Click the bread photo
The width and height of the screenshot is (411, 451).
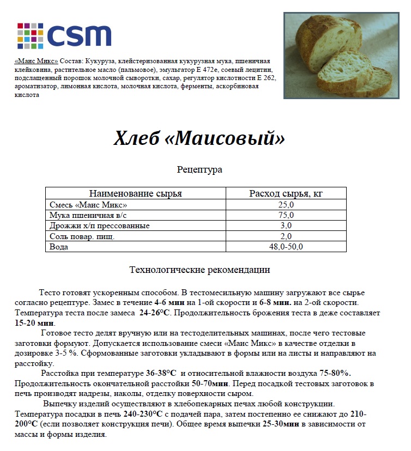click(x=337, y=56)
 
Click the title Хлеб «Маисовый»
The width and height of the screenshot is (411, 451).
click(x=200, y=138)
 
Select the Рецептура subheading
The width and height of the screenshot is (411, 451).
click(x=200, y=170)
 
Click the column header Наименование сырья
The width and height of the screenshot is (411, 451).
click(x=135, y=193)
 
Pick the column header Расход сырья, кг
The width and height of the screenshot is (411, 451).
click(x=286, y=193)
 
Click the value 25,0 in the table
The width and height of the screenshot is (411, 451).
click(x=286, y=205)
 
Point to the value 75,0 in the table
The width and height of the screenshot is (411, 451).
click(x=286, y=215)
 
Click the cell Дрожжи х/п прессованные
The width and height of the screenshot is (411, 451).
click(x=99, y=225)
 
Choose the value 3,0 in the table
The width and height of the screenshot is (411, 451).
click(x=286, y=225)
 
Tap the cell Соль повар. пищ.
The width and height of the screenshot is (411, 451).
click(x=82, y=236)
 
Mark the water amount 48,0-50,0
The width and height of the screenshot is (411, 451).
click(x=286, y=246)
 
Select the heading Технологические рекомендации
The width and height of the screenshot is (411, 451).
click(x=200, y=270)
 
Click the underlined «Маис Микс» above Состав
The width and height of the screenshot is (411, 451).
click(x=37, y=61)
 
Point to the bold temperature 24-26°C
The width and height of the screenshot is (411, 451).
click(x=155, y=313)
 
